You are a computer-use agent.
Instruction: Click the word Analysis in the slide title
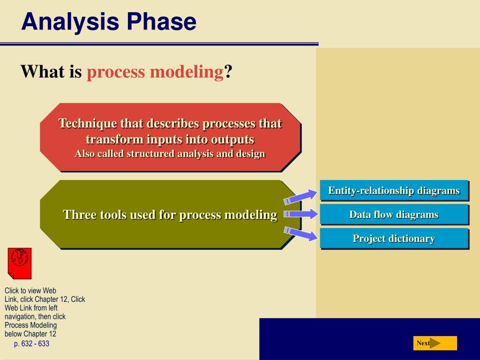tap(70, 22)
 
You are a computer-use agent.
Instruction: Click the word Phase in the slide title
tap(162, 22)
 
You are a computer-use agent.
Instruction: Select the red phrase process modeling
tap(155, 73)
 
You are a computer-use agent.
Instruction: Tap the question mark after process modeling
tap(228, 71)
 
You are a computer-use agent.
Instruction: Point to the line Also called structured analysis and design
tap(170, 154)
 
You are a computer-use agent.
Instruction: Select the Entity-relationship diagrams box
tap(394, 190)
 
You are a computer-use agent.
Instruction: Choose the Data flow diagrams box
tap(394, 214)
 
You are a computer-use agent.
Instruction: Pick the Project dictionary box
tap(394, 238)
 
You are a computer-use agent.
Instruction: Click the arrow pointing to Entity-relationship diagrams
tap(300, 196)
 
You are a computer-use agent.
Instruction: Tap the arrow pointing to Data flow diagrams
tap(301, 214)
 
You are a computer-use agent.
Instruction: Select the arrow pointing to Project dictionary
tap(300, 233)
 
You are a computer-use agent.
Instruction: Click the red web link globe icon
tap(20, 263)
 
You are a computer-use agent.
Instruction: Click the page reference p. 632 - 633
tap(31, 344)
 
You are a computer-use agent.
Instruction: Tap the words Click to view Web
tap(30, 291)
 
